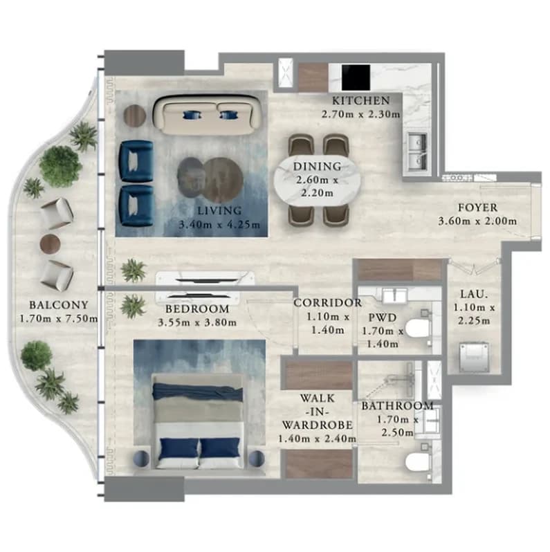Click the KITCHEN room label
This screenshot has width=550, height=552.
coord(361,101)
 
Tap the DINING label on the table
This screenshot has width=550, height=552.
coord(318,166)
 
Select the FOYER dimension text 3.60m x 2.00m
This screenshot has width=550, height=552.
coord(477,221)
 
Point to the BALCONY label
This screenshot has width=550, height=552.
coord(59,305)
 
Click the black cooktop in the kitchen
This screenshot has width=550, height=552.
coord(356,77)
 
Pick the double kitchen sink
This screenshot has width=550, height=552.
coord(418,151)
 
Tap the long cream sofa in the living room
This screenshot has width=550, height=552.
coord(208,115)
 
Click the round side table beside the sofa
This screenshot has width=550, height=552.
coord(135,115)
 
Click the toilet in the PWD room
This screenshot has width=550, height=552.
coord(419,328)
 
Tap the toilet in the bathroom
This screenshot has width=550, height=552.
coord(419,461)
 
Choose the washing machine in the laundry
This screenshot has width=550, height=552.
coord(474,357)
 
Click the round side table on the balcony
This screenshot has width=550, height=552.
coord(50,243)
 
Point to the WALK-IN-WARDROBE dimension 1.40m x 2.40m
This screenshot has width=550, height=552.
coord(317,439)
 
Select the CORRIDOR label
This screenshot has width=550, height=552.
coord(328,303)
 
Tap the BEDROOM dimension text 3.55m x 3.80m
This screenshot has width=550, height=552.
coord(197,322)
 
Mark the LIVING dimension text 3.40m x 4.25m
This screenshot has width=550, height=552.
coord(219,225)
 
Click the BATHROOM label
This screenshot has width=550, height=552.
coord(398,406)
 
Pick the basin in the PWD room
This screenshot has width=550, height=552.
coord(395,295)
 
